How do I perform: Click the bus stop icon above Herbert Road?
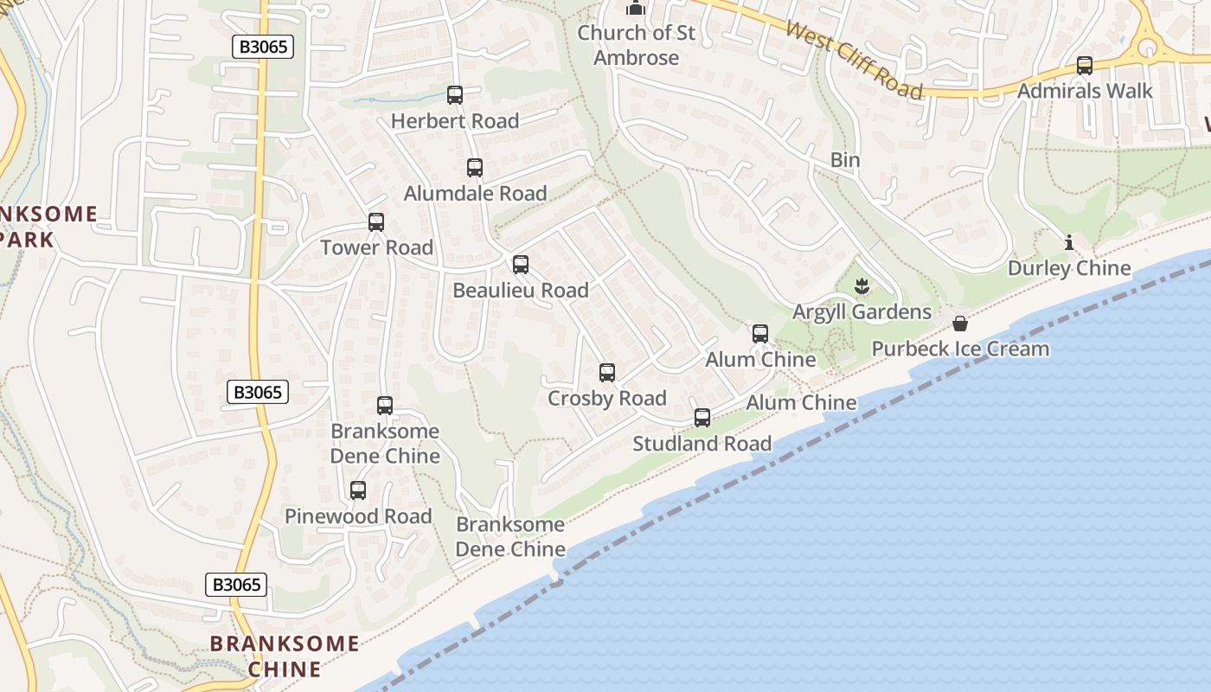455,95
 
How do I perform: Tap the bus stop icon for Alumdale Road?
475,168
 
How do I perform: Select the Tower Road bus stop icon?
376,222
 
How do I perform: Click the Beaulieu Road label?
521,291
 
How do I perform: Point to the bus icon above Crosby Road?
607,373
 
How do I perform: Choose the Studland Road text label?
702,445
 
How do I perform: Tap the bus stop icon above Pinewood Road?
358,490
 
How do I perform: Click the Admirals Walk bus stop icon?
1085,66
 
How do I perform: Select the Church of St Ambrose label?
637,46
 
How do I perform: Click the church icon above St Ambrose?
637,9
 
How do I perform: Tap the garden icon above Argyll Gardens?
862,285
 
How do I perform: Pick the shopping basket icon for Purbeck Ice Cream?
960,324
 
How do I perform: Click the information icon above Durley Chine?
1069,242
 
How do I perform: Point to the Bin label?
845,160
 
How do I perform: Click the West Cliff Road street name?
855,59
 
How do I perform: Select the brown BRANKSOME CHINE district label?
285,656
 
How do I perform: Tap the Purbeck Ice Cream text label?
960,349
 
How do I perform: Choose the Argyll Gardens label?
862,312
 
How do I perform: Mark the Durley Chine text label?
1069,268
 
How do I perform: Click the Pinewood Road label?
358,516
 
